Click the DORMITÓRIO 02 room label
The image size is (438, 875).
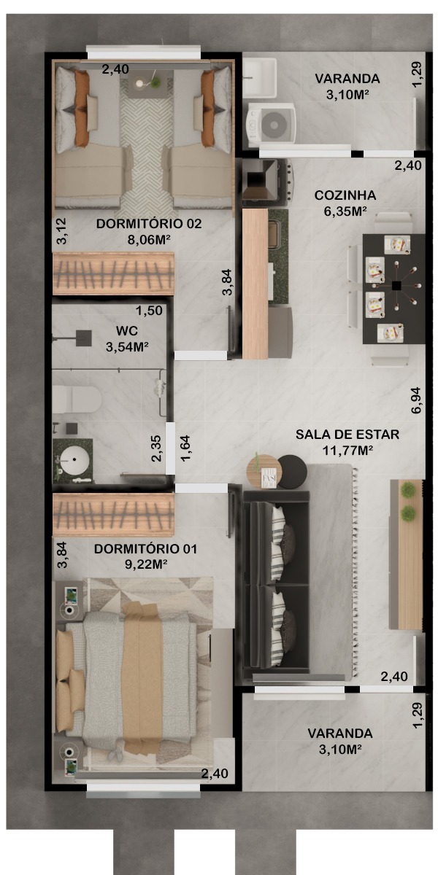(149, 223)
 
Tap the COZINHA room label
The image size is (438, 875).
(345, 195)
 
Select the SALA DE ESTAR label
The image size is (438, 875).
(347, 435)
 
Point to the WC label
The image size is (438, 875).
(127, 331)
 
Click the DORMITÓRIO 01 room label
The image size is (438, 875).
(145, 548)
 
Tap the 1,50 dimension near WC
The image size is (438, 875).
(149, 311)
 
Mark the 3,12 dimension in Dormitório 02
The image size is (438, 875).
(62, 231)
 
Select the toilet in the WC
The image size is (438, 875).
(77, 400)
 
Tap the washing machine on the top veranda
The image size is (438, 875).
(271, 122)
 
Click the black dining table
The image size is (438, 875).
(393, 289)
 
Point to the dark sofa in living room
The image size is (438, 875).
(277, 584)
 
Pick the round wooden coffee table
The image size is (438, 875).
(264, 471)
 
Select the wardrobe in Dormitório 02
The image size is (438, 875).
(113, 273)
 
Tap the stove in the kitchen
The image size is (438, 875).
(267, 182)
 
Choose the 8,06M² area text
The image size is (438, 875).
(149, 239)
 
